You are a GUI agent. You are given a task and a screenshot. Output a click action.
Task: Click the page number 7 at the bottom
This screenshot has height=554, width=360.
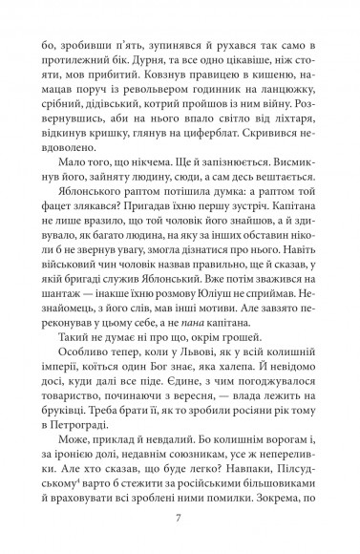tap(179, 520)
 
